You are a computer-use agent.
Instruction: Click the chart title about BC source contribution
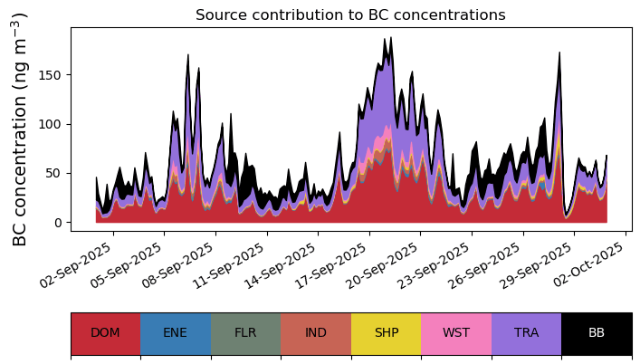350,14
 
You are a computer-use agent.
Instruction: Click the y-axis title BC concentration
20,129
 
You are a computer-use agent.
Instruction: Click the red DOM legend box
105,333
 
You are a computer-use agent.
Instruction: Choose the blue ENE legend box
176,333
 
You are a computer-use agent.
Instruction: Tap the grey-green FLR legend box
245,333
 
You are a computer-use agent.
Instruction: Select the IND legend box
316,333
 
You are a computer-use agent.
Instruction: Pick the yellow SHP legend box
386,333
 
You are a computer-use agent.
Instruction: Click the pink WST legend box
456,333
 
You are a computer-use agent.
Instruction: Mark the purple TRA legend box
526,333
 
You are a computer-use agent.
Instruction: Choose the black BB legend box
597,333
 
